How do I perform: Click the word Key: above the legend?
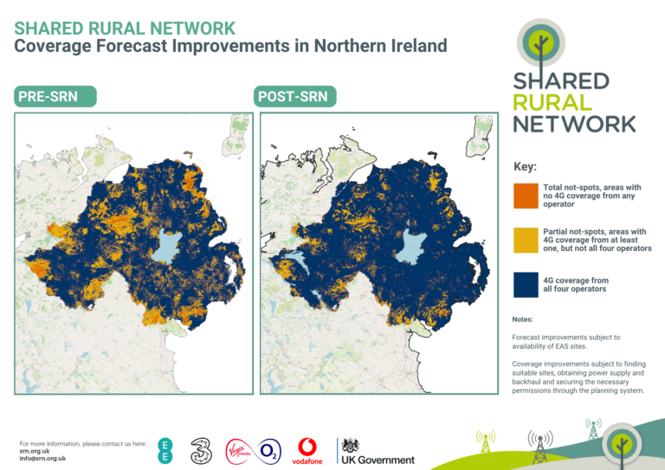526,166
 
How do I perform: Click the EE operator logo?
165,451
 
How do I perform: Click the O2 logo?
270,450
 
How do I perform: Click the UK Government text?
381,460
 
